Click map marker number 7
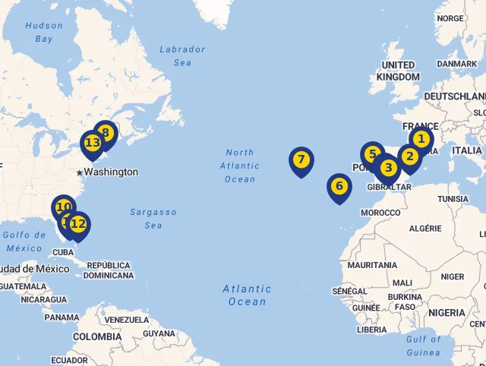click(x=301, y=160)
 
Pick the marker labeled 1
click(x=421, y=139)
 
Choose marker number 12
click(x=77, y=224)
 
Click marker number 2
click(x=409, y=157)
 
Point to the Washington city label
click(x=111, y=172)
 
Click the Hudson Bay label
click(x=44, y=32)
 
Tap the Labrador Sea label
click(x=182, y=55)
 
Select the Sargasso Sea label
click(x=153, y=219)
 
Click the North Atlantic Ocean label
click(x=240, y=166)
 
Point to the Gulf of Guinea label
click(x=423, y=345)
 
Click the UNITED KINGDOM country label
click(x=398, y=71)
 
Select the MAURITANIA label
click(x=372, y=265)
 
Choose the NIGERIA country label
click(x=447, y=313)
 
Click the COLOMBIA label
click(x=97, y=336)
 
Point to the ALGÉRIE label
click(x=425, y=228)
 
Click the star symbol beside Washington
click(x=79, y=172)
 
